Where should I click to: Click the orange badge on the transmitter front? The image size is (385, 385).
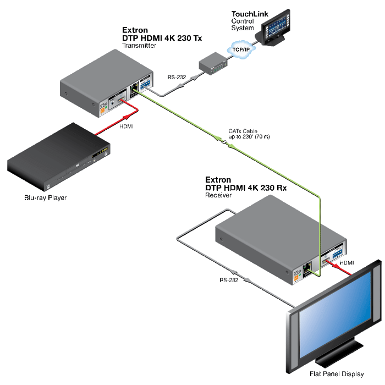tap(101, 110)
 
